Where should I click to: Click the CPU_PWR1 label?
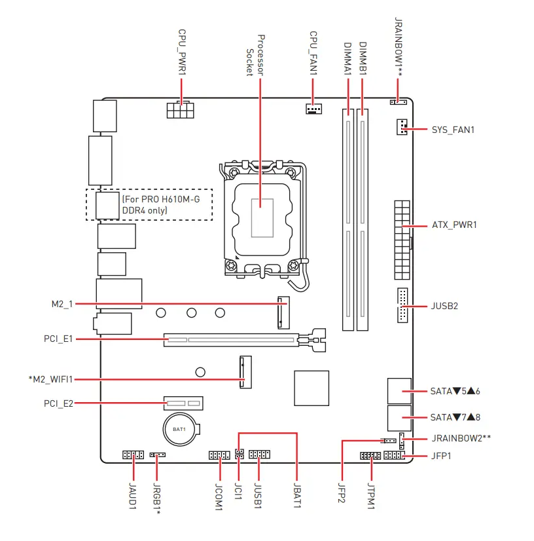click(182, 52)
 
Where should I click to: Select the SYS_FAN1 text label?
click(453, 130)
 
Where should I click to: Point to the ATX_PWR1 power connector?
click(402, 240)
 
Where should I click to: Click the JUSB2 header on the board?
click(402, 305)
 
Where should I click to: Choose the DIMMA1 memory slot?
click(348, 220)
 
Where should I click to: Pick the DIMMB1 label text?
click(363, 58)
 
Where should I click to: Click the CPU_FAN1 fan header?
click(313, 109)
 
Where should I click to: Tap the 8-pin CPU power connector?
click(181, 110)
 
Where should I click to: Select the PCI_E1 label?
click(58, 339)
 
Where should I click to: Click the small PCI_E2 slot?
click(183, 403)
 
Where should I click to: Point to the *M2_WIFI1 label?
click(50, 379)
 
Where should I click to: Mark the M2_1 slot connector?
click(283, 312)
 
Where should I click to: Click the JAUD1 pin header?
click(133, 455)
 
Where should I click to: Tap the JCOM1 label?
click(219, 496)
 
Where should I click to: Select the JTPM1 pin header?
click(370, 456)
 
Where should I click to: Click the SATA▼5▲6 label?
click(455, 391)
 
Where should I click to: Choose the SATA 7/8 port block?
click(399, 418)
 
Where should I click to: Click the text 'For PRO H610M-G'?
click(161, 199)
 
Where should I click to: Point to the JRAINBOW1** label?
click(398, 47)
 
